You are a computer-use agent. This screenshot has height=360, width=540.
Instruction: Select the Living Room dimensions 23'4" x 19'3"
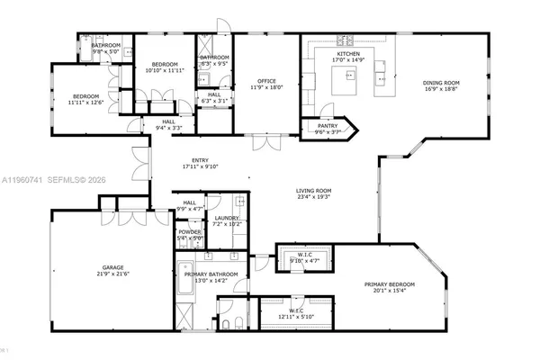coord(314,197)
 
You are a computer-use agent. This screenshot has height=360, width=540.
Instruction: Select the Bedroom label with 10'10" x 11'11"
coord(164,65)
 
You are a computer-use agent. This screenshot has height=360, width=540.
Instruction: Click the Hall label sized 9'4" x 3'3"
coord(168,121)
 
